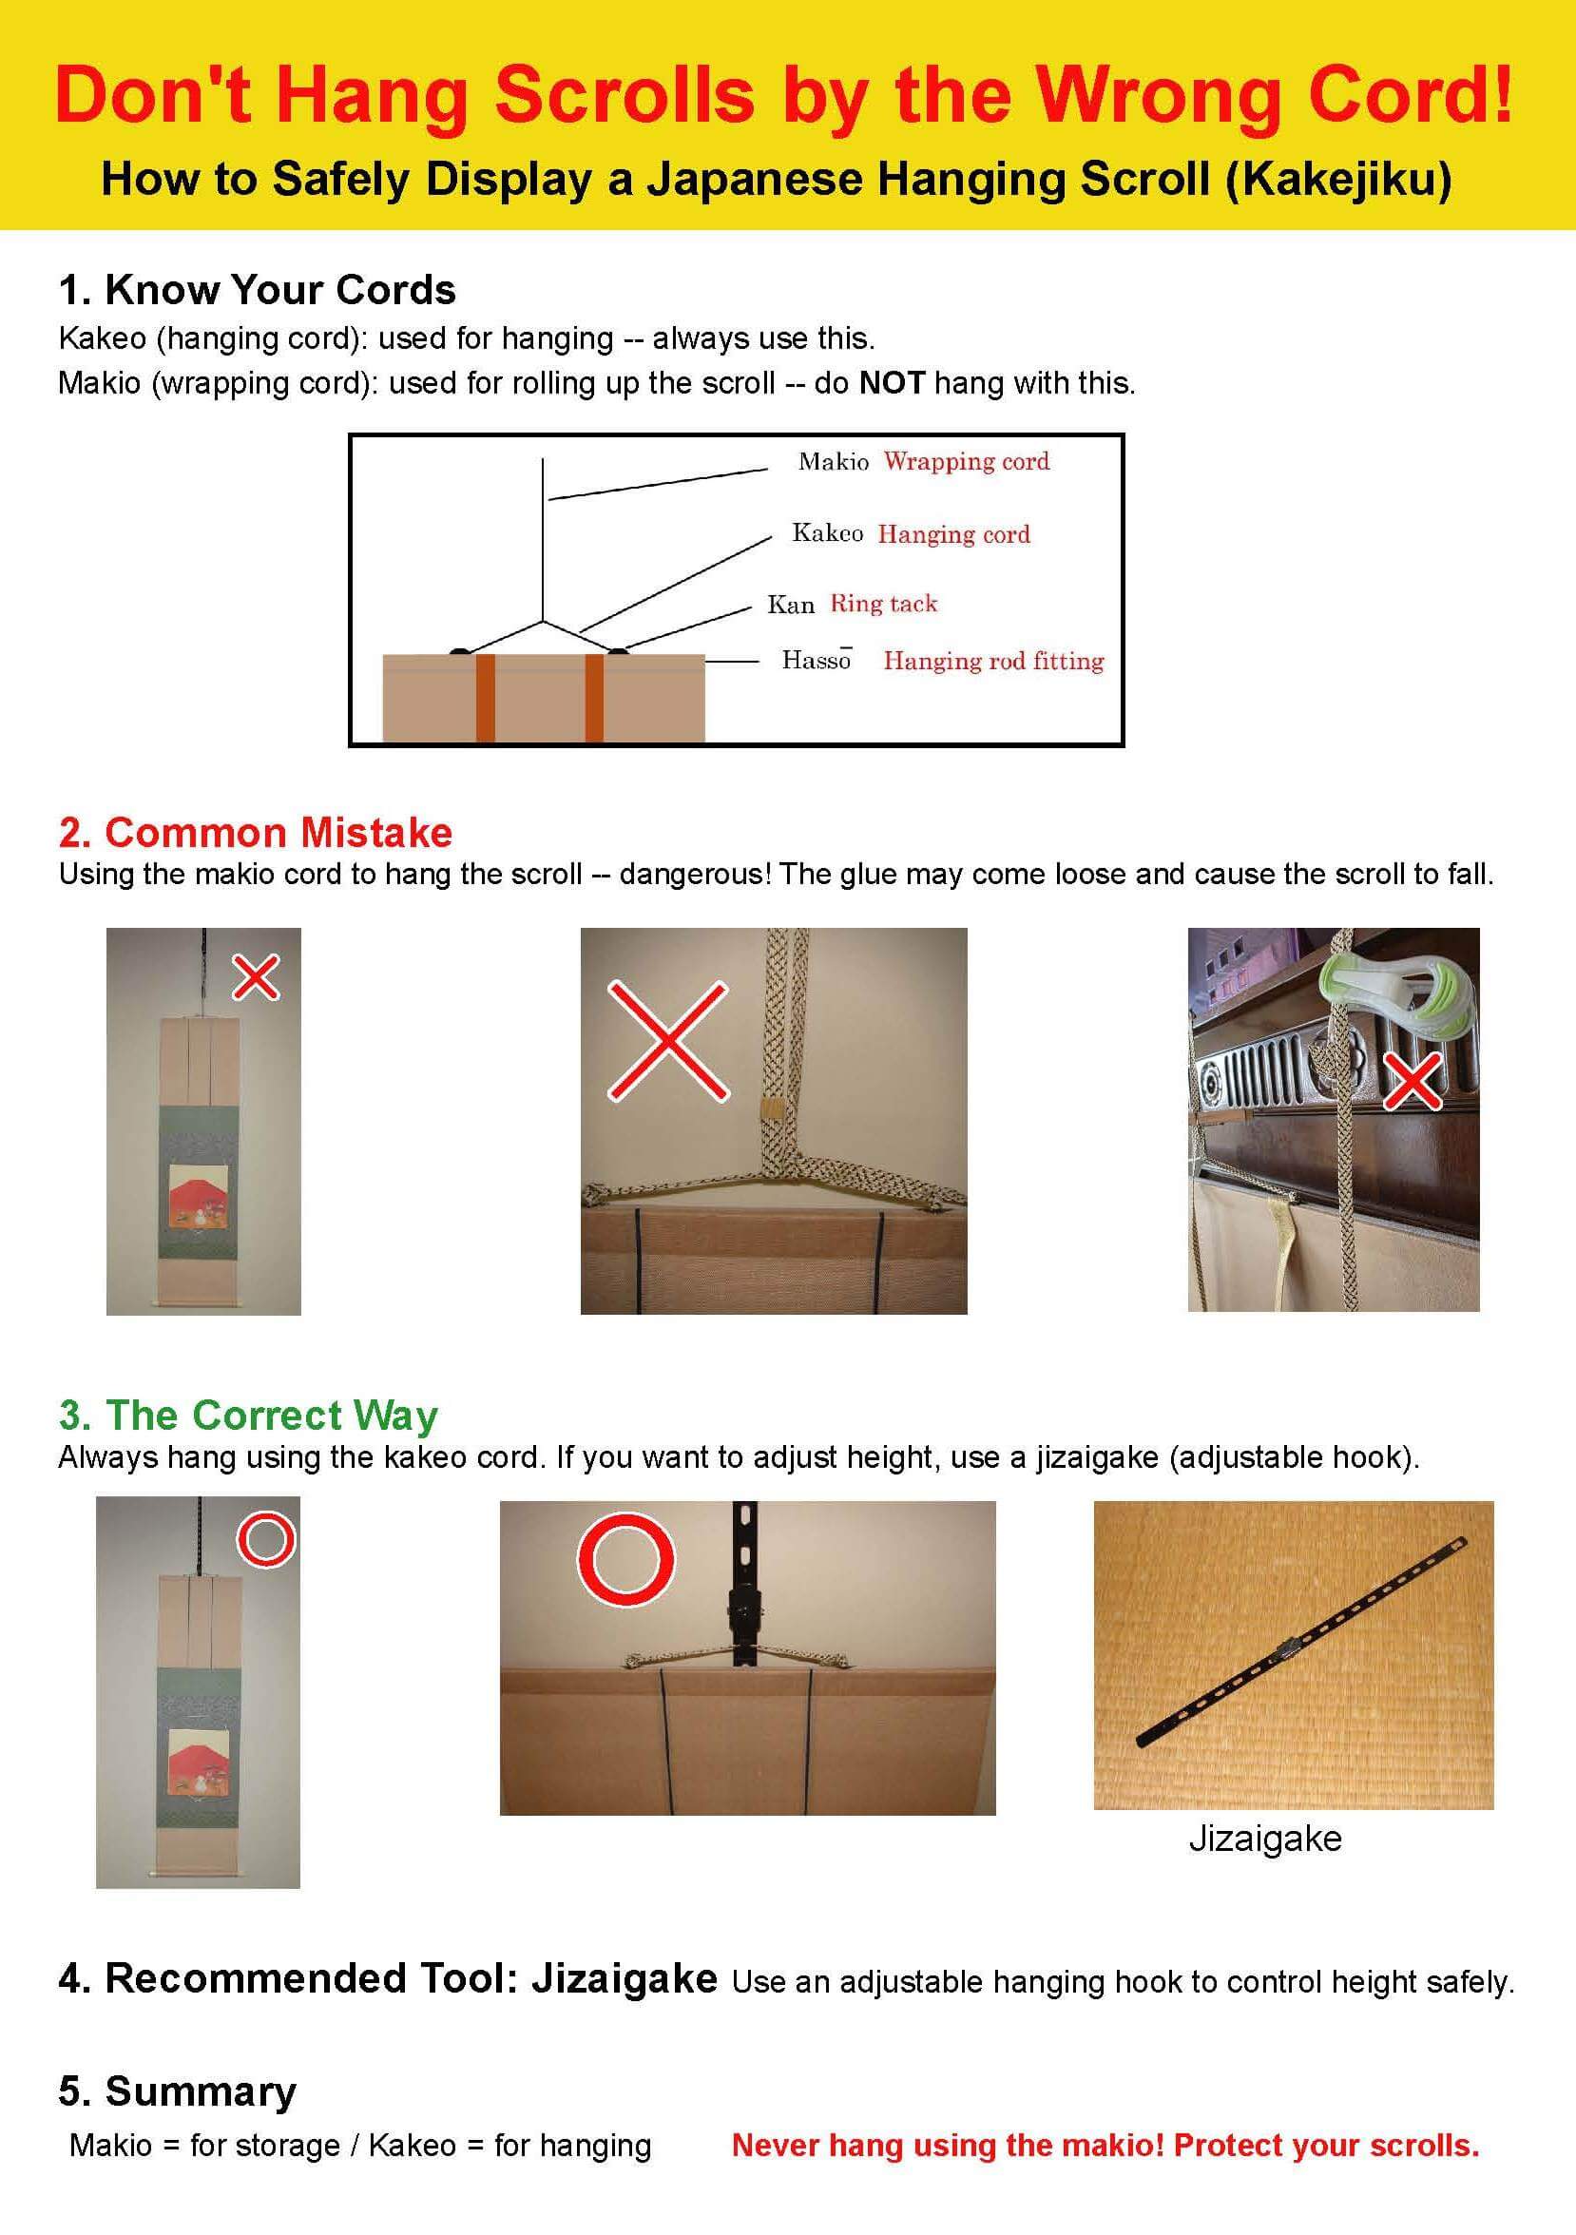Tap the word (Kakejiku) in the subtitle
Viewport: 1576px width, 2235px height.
click(x=1338, y=180)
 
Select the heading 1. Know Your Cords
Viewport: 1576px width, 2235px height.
click(x=257, y=290)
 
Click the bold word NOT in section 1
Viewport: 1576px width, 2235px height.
click(x=892, y=382)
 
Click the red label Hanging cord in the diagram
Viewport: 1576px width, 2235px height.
click(x=954, y=533)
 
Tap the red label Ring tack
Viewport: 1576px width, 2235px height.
click(x=884, y=604)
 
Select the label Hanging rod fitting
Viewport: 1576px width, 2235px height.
click(x=994, y=661)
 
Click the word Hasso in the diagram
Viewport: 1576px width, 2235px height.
click(x=817, y=660)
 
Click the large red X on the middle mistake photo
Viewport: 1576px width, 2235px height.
click(x=668, y=1041)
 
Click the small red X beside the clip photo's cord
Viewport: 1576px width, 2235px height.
click(x=1413, y=1082)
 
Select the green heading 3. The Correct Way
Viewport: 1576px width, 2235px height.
click(x=248, y=1415)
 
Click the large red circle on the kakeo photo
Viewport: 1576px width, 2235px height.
click(x=625, y=1558)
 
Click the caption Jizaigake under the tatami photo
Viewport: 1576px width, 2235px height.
click(x=1265, y=1839)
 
